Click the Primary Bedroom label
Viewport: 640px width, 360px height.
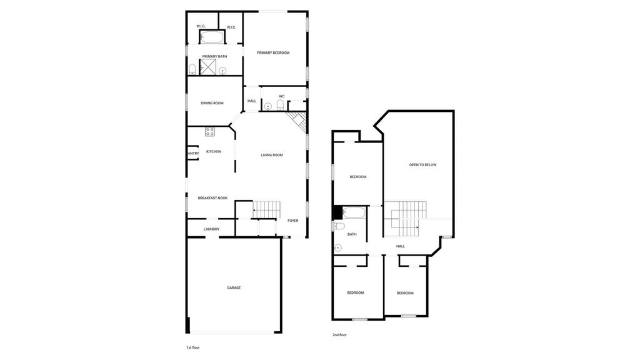pos(273,52)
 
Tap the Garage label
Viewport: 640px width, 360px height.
pos(234,287)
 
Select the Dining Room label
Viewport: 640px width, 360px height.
pos(212,103)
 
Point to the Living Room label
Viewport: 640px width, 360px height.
pos(272,155)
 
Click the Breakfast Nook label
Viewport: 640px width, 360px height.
pos(212,198)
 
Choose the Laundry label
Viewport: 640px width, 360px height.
pos(211,229)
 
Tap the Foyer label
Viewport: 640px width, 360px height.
pos(293,221)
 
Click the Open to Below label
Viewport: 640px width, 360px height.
pos(423,165)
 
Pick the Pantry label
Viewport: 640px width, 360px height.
pos(193,154)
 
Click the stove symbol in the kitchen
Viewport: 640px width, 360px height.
pos(210,131)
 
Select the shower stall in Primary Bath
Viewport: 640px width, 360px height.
pos(207,67)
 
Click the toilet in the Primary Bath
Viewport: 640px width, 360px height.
pos(192,69)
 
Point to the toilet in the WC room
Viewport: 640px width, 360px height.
pos(281,105)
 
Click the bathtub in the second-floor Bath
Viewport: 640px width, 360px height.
pos(354,213)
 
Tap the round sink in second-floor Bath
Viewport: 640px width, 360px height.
pos(337,247)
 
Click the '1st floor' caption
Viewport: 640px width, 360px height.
pos(193,347)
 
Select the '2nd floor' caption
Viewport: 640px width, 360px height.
pos(339,335)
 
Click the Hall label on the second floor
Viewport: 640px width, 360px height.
pos(401,246)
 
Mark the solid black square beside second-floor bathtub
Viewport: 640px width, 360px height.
pos(338,213)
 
